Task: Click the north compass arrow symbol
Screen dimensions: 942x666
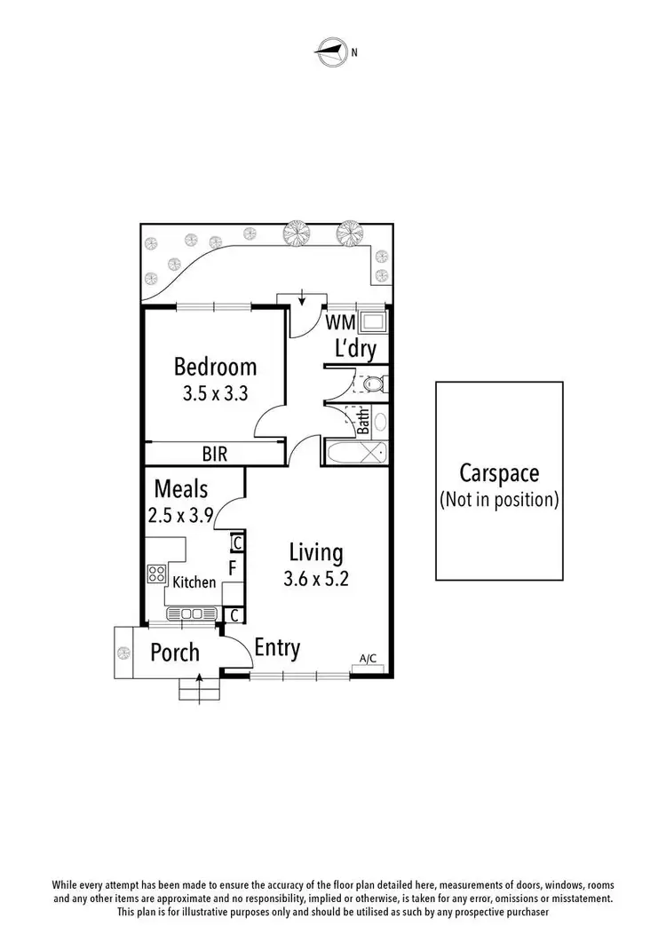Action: [x=331, y=51]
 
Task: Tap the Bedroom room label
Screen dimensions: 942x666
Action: [x=215, y=366]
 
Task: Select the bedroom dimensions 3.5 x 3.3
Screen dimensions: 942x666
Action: [x=215, y=394]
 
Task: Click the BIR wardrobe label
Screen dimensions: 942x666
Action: [x=215, y=455]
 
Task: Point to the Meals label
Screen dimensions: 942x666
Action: [x=181, y=488]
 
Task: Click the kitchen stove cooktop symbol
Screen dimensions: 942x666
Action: [x=156, y=574]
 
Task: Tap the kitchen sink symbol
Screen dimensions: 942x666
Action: [x=192, y=613]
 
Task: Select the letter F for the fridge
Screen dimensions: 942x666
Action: [x=233, y=566]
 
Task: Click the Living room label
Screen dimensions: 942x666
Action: [x=315, y=552]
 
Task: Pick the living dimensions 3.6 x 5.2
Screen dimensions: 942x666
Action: [x=315, y=579]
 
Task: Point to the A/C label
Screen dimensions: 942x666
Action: [x=368, y=658]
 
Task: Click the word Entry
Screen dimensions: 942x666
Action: [x=277, y=648]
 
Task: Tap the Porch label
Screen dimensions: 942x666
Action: [x=174, y=653]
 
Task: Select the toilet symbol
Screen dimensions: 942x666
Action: [x=374, y=384]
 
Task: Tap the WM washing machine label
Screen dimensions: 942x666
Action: [x=340, y=321]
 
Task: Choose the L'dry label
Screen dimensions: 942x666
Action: [x=355, y=349]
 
